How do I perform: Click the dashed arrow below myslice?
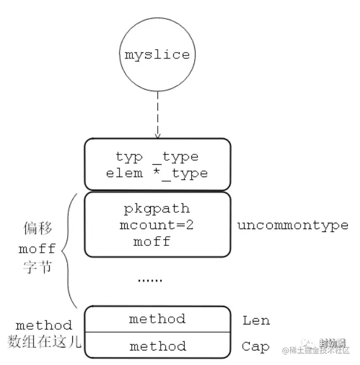(x=157, y=113)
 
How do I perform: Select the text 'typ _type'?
(x=157, y=157)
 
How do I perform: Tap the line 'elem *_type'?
(x=157, y=172)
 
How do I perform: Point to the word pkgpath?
(x=157, y=208)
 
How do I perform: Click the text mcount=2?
(x=157, y=224)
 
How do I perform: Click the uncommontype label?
(x=293, y=225)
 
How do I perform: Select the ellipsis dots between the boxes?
(x=150, y=280)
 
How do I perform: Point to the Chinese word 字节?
(x=37, y=269)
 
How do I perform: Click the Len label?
(x=255, y=320)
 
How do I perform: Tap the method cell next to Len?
(x=157, y=319)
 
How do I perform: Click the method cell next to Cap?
(x=157, y=346)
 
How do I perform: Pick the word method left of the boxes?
(x=44, y=325)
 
